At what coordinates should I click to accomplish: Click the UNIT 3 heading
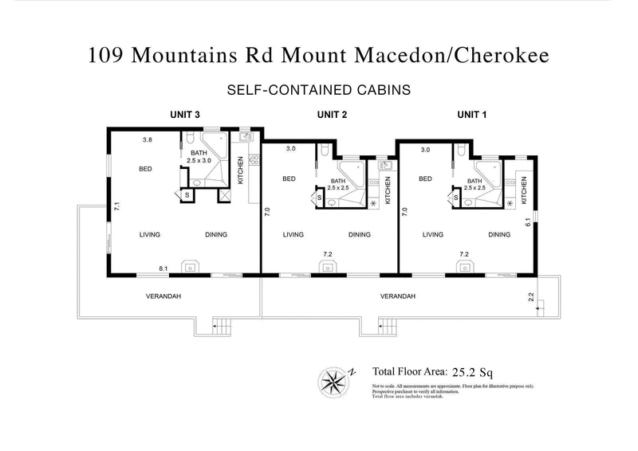[x=184, y=115]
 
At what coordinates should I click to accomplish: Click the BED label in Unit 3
[x=147, y=168]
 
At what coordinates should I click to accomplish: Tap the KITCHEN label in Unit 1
[x=524, y=190]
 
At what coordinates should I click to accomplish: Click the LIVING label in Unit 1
[x=433, y=234]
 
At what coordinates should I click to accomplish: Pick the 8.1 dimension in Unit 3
[x=163, y=269]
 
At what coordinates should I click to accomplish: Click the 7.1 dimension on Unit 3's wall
[x=116, y=206]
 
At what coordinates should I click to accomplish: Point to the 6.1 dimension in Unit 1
[x=528, y=224]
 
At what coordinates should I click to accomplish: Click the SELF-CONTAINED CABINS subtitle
[x=319, y=90]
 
